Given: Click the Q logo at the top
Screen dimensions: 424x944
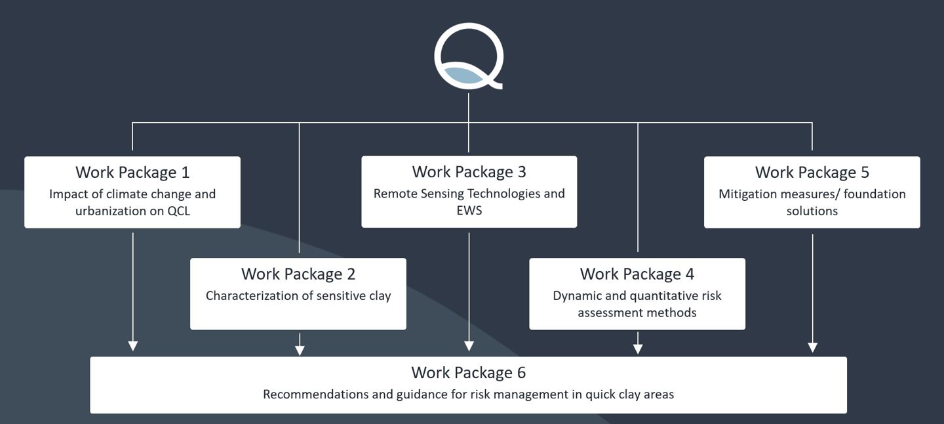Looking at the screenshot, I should [469, 56].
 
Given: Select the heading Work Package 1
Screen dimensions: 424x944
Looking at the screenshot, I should [132, 173].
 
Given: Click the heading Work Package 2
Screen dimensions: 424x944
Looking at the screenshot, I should [298, 274].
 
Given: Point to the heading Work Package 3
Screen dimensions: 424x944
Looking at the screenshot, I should [469, 172].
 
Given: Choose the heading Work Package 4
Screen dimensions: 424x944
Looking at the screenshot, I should [637, 274].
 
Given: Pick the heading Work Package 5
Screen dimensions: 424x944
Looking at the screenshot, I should [812, 173].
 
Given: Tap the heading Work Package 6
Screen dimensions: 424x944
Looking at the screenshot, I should [469, 373].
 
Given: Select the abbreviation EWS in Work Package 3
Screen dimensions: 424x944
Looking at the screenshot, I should [469, 211].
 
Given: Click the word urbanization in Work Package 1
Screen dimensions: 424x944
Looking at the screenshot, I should [109, 211].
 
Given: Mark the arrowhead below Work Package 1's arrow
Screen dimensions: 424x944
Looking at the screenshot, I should [133, 346].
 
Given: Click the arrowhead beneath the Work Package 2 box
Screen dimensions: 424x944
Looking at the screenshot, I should [300, 350].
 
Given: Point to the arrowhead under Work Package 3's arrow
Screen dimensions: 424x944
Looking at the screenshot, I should [469, 346].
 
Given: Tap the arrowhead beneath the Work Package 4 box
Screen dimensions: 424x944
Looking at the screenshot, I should [638, 349].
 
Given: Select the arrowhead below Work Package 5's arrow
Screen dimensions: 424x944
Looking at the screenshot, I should [813, 347].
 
